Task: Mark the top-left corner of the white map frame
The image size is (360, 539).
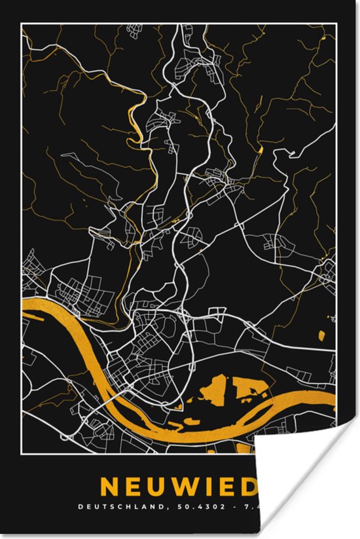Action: [x=22, y=23]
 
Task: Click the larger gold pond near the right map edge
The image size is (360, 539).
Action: [x=321, y=337]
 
